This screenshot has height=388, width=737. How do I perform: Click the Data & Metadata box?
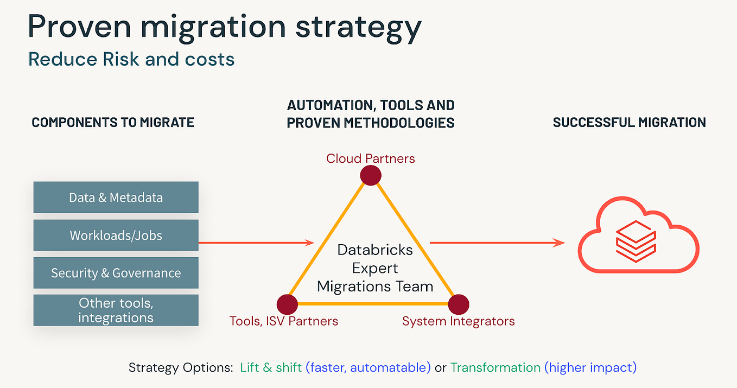point(116,198)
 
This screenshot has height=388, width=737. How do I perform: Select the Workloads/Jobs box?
point(116,236)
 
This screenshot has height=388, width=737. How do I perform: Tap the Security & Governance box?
point(116,273)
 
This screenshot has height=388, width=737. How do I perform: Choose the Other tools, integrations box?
point(116,310)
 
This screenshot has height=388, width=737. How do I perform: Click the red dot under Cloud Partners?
point(371,175)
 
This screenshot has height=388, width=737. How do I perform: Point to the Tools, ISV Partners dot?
point(287,304)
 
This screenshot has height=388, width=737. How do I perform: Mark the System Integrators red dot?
point(458,304)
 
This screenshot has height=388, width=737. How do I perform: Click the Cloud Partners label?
point(371,158)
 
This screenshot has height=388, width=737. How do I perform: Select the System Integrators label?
point(458,321)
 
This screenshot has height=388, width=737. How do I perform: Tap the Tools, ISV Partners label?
point(284,321)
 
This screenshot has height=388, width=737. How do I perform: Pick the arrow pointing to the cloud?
point(497,243)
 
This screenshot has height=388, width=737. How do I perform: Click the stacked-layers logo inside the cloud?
point(636,241)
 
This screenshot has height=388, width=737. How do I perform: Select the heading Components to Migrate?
point(113,123)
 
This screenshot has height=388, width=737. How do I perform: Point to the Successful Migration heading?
point(630,123)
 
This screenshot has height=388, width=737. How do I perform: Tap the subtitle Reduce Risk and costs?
point(131,59)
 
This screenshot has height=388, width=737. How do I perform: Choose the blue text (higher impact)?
point(590,367)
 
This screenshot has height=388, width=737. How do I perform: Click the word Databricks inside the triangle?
point(375,250)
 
